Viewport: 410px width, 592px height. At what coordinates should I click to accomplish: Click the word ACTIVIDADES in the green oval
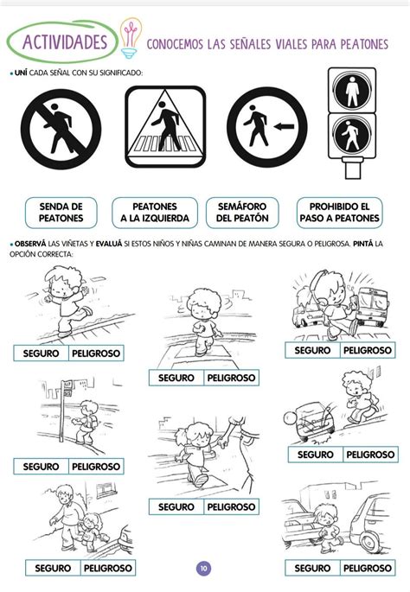pyautogui.click(x=65, y=41)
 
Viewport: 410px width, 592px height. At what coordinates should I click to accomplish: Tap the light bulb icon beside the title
pyautogui.click(x=131, y=39)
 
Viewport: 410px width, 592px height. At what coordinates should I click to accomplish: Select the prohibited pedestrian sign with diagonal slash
pyautogui.click(x=61, y=129)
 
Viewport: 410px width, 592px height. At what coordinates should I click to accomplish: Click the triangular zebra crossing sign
pyautogui.click(x=165, y=126)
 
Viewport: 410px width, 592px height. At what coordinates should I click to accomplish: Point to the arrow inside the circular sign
pyautogui.click(x=284, y=126)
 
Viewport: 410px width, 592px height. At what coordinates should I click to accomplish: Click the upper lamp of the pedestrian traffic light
pyautogui.click(x=352, y=91)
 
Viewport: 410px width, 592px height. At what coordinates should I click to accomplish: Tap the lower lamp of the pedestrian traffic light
pyautogui.click(x=352, y=135)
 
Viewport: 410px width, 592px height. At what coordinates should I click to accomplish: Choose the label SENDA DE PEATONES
pyautogui.click(x=61, y=213)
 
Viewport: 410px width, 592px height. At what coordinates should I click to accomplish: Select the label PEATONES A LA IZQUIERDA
pyautogui.click(x=155, y=213)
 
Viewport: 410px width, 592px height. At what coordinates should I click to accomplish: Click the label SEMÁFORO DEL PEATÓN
pyautogui.click(x=242, y=213)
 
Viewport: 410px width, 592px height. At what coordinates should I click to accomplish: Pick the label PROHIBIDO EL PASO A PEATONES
pyautogui.click(x=339, y=213)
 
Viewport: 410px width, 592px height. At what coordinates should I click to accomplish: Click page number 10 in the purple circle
pyautogui.click(x=204, y=568)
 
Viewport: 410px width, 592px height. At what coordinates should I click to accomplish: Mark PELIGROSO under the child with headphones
pyautogui.click(x=368, y=350)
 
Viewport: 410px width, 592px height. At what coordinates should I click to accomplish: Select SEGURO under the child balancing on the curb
pyautogui.click(x=41, y=353)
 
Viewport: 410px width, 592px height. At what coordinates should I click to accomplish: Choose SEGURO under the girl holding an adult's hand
pyautogui.click(x=176, y=506)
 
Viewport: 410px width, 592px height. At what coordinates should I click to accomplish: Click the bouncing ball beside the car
pyautogui.click(x=291, y=418)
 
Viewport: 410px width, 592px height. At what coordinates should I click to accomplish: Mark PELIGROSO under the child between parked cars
pyautogui.click(x=368, y=568)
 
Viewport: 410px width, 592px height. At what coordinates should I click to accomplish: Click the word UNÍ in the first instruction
pyautogui.click(x=21, y=73)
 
